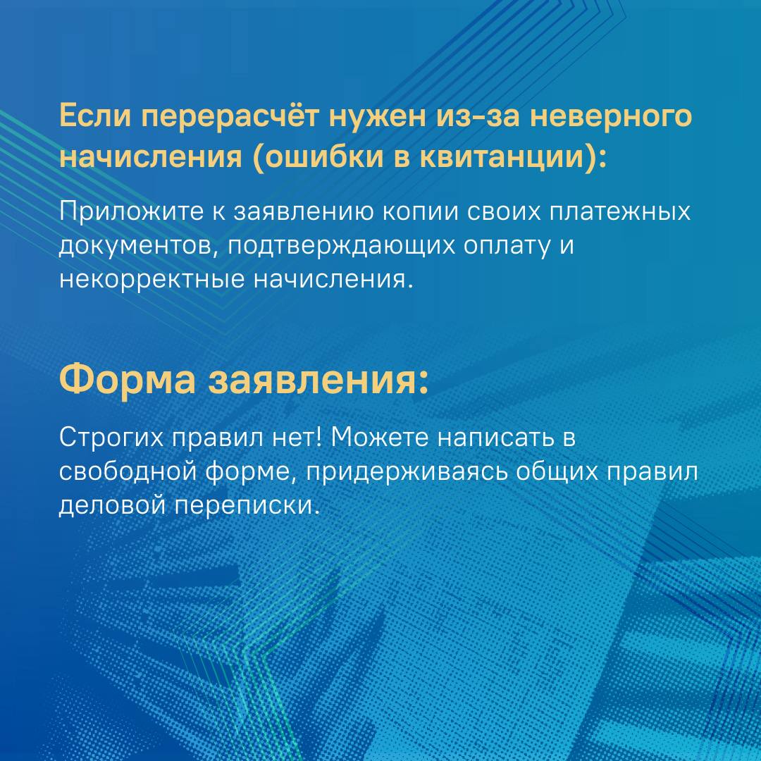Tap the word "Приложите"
pos(131,213)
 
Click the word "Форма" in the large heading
pos(128,379)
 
